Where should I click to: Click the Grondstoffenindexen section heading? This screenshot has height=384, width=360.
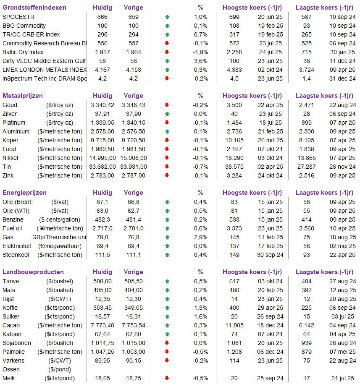[x=34, y=8]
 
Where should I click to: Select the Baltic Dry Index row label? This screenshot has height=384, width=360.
[x=23, y=52]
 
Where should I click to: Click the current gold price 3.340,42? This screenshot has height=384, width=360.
[x=102, y=105]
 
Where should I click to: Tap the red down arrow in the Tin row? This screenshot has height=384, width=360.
[x=167, y=167]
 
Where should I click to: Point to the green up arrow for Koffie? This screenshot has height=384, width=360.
[x=167, y=308]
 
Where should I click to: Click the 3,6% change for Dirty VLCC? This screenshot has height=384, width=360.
[x=200, y=61]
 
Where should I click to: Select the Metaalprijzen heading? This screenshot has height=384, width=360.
[x=23, y=96]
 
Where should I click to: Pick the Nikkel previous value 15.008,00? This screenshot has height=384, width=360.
[x=134, y=158]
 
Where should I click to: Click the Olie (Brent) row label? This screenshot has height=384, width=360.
[x=18, y=202]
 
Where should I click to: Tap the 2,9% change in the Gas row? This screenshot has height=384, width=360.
[x=200, y=237]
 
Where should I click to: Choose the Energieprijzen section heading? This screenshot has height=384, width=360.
[x=24, y=193]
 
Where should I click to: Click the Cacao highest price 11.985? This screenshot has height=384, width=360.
[x=234, y=326]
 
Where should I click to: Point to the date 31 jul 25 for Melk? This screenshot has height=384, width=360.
[x=343, y=379]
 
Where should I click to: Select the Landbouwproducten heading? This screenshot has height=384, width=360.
[x=33, y=272]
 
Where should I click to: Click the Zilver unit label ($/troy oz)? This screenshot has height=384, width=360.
[x=60, y=114]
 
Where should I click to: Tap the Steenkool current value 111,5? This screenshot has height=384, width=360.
[x=102, y=255]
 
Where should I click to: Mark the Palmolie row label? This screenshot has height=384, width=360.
[x=13, y=352]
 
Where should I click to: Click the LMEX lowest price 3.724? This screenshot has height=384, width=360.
[x=306, y=70]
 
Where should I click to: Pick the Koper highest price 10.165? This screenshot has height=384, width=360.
[x=234, y=140]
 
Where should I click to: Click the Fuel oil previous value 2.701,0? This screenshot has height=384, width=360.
[x=134, y=228]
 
